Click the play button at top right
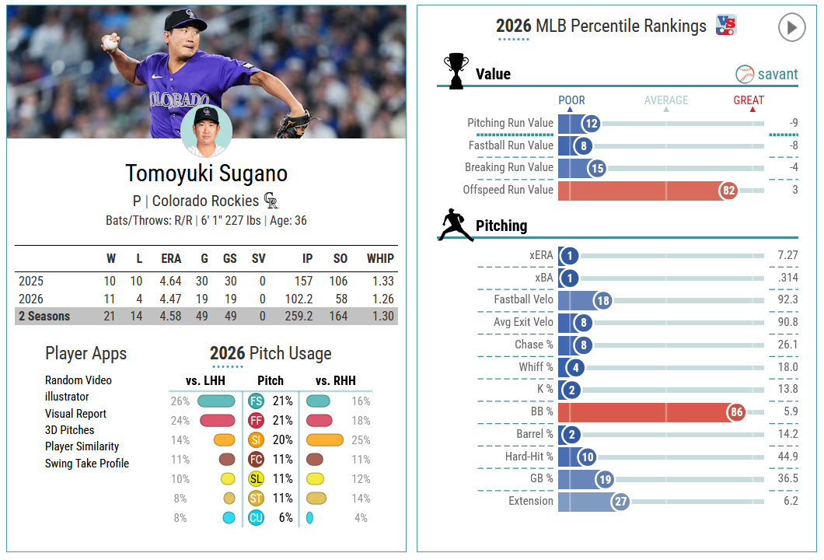click(791, 26)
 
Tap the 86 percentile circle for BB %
click(736, 412)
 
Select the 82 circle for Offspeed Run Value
click(728, 191)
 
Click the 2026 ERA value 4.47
click(170, 299)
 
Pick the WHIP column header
click(380, 259)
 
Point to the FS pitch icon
click(256, 401)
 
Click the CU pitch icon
click(256, 518)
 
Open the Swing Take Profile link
click(87, 464)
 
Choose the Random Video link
click(79, 380)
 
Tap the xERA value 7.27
click(787, 256)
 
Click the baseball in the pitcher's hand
click(110, 43)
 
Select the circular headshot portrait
click(207, 131)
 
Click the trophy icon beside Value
click(456, 71)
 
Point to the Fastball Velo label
click(523, 299)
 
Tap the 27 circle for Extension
click(620, 502)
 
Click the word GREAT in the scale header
click(749, 100)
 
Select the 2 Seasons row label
click(44, 316)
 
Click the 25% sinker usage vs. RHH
click(361, 440)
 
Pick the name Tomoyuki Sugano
click(207, 173)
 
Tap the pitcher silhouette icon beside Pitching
click(455, 225)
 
